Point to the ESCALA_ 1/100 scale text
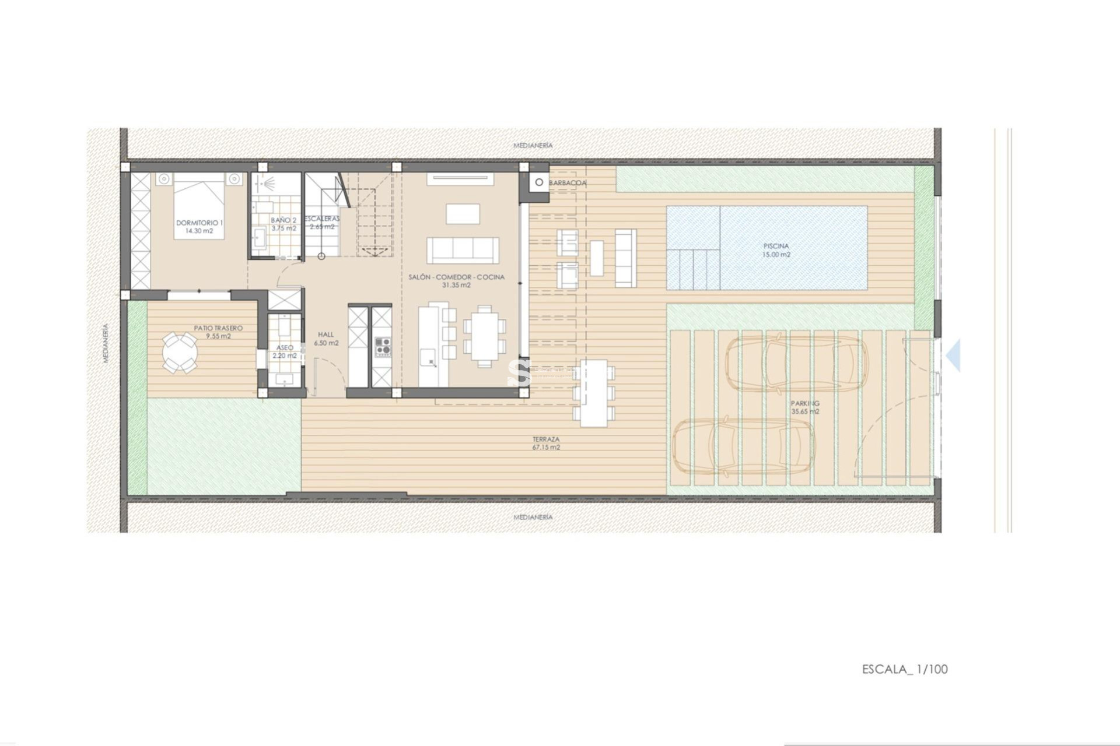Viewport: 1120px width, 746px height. pos(905,669)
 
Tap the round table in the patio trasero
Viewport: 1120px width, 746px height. pos(180,352)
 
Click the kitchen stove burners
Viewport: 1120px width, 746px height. pos(383,346)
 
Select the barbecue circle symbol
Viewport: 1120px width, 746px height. pos(539,182)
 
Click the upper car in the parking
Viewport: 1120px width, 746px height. pos(796,365)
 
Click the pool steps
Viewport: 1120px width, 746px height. pos(694,269)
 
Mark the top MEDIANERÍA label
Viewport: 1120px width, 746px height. pos(533,145)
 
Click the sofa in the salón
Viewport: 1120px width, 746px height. pos(463,250)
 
